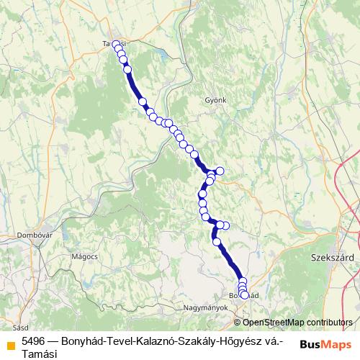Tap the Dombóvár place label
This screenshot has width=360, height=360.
point(35,235)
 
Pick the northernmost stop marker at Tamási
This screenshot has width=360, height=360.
point(116,45)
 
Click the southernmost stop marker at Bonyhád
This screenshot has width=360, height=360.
point(244,295)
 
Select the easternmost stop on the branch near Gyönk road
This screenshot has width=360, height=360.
point(220,171)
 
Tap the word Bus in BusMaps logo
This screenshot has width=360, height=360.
point(311,343)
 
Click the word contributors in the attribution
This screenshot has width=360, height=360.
point(328,323)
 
